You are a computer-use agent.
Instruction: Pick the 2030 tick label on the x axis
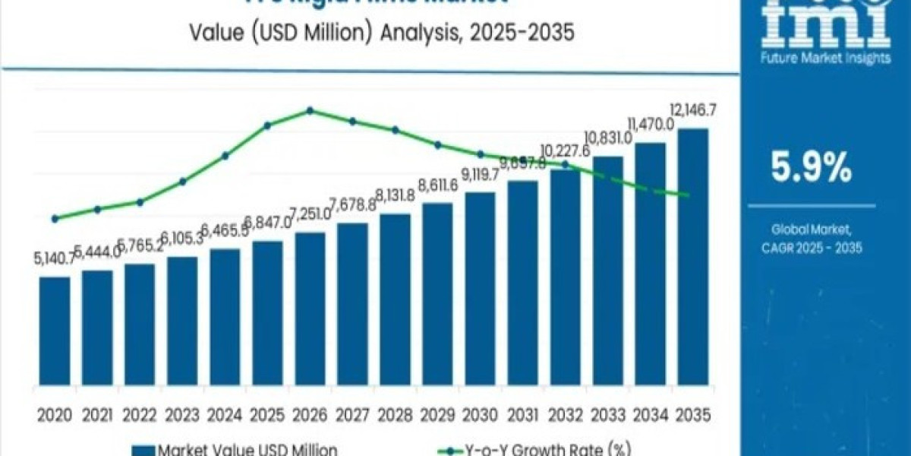click(480, 416)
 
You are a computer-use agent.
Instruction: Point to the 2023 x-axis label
click(182, 416)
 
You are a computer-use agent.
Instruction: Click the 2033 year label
click(607, 416)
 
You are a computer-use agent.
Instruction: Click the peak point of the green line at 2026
click(310, 110)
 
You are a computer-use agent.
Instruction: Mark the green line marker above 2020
click(55, 219)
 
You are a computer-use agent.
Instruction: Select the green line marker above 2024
click(225, 156)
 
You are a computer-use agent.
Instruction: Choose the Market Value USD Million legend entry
click(235, 449)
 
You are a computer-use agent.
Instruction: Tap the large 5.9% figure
click(811, 169)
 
